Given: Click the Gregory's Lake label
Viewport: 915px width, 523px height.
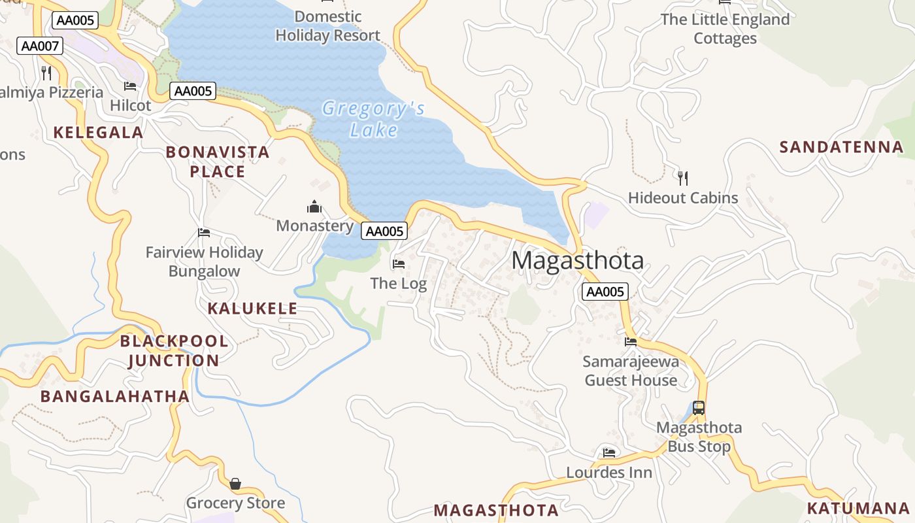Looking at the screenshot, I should pyautogui.click(x=373, y=119).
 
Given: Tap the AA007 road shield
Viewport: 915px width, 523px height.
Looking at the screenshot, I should pyautogui.click(x=40, y=46).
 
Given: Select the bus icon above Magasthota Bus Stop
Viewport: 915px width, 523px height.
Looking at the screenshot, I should pyautogui.click(x=699, y=408).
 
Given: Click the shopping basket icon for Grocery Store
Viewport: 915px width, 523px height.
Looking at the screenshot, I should pyautogui.click(x=235, y=484).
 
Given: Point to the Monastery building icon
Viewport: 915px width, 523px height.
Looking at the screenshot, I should pyautogui.click(x=314, y=207).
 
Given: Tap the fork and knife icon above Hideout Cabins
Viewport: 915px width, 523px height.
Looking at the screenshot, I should pyautogui.click(x=683, y=178).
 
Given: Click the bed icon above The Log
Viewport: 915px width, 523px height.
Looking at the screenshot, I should pyautogui.click(x=398, y=264).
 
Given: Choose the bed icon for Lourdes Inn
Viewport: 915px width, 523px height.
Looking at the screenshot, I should pyautogui.click(x=609, y=452).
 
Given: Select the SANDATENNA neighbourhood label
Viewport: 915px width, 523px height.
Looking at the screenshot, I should pyautogui.click(x=841, y=147).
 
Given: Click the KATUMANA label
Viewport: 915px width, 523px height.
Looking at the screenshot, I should pyautogui.click(x=858, y=508).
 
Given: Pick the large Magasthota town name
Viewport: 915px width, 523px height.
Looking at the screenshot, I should pyautogui.click(x=577, y=260).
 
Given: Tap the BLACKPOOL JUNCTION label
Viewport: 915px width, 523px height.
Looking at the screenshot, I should pyautogui.click(x=174, y=350).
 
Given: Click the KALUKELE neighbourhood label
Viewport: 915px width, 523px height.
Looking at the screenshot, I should pyautogui.click(x=252, y=309).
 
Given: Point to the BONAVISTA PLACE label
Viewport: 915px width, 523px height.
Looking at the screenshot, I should pyautogui.click(x=217, y=161).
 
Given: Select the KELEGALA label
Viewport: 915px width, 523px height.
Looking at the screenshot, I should pyautogui.click(x=98, y=133).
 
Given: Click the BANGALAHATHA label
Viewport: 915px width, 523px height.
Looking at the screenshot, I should pyautogui.click(x=115, y=396).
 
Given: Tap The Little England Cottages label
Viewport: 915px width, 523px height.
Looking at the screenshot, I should pyautogui.click(x=725, y=29).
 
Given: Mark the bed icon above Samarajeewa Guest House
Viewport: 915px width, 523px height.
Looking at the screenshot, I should pyautogui.click(x=631, y=341).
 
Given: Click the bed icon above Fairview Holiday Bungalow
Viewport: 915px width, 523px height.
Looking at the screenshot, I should pyautogui.click(x=204, y=233).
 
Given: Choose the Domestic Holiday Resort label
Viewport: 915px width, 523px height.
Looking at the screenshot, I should pyautogui.click(x=327, y=26).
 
